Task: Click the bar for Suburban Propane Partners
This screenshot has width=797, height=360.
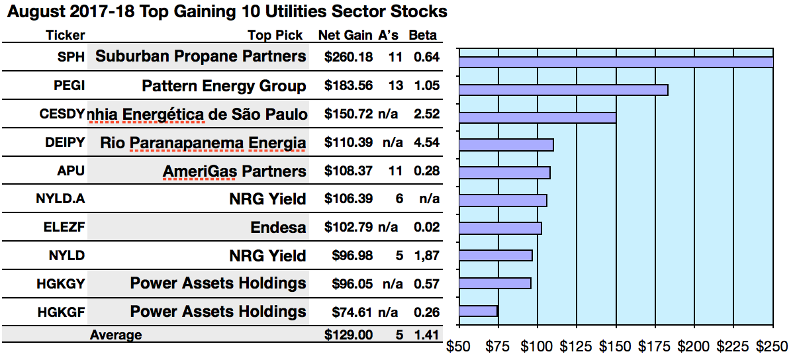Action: click(616, 62)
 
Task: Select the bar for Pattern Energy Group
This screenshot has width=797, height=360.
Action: click(563, 90)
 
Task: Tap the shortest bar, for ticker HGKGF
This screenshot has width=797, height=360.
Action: click(478, 311)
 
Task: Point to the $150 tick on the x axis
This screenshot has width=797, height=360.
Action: click(616, 346)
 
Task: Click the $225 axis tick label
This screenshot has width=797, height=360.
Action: click(733, 346)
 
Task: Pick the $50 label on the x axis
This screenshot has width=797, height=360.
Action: click(459, 346)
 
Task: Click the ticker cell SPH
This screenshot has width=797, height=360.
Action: click(71, 57)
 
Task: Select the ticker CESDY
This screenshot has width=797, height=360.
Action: click(62, 114)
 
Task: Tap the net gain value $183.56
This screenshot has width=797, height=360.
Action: click(348, 85)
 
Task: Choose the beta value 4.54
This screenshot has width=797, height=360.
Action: click(426, 142)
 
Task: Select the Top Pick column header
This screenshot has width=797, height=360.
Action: click(275, 36)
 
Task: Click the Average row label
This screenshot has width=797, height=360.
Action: click(116, 335)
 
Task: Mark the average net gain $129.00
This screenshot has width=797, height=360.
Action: click(348, 335)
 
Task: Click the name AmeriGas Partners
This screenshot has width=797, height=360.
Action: click(234, 171)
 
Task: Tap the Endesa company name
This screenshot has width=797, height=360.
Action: click(278, 228)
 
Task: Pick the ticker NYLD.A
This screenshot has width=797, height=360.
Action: click(60, 199)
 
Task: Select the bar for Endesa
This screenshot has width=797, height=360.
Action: click(500, 228)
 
